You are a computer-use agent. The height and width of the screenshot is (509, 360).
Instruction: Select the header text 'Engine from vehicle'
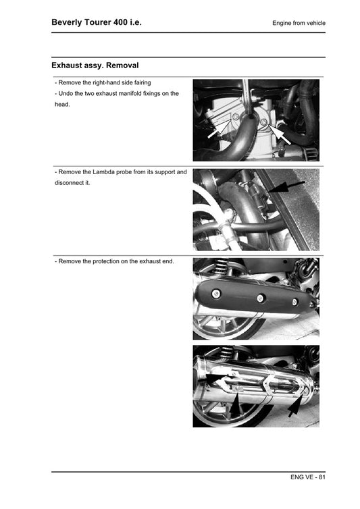pos(299,23)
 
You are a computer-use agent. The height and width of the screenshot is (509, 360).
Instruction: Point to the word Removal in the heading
pos(122,66)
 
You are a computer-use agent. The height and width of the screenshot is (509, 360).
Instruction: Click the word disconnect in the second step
pos(70,183)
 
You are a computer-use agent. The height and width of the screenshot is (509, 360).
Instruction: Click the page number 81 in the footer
pos(321,478)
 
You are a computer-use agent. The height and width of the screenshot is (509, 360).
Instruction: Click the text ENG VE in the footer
pos(302,478)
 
